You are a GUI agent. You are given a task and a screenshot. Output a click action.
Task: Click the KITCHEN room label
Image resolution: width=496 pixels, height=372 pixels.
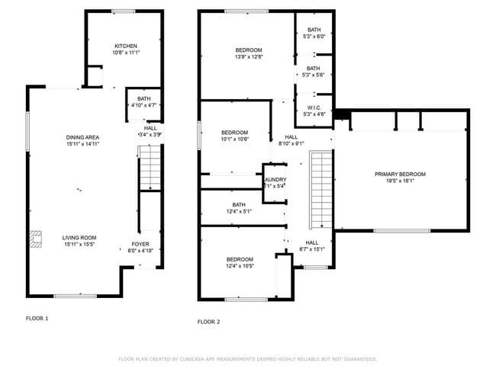click(x=126, y=46)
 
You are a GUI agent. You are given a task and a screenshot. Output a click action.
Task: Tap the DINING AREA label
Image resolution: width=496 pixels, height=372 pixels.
click(x=82, y=137)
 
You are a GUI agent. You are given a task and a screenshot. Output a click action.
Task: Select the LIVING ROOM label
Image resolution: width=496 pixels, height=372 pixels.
click(x=79, y=237)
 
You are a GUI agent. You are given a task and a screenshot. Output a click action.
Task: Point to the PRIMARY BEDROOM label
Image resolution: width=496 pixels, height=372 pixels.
click(x=400, y=175)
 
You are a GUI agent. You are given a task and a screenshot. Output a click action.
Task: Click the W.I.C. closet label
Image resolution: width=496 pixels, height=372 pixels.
click(x=314, y=107)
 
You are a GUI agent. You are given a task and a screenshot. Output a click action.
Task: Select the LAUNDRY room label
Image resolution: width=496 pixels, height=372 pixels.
click(x=275, y=179)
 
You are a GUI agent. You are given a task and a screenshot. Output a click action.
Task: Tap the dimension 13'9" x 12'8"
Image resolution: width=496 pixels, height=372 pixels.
click(x=249, y=56)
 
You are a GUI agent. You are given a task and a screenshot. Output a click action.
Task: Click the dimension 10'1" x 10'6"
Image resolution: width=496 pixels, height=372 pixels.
click(x=235, y=138)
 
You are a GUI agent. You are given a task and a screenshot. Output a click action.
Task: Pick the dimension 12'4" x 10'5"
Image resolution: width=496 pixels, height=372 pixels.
click(x=240, y=266)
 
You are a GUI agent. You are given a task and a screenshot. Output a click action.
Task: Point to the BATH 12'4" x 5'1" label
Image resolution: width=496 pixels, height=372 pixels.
click(x=239, y=204)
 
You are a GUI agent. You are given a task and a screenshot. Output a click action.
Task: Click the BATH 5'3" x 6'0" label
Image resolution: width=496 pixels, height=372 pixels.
click(x=314, y=30)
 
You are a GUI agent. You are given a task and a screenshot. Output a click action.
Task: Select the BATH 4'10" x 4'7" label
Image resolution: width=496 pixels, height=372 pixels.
click(x=143, y=98)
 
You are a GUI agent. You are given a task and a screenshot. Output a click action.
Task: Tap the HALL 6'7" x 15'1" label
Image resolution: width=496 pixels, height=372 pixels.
click(x=311, y=242)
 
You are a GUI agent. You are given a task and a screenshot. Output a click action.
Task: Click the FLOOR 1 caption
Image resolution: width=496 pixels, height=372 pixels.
click(x=37, y=318)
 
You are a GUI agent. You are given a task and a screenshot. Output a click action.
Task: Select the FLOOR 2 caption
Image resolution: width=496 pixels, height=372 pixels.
click(x=208, y=322)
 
